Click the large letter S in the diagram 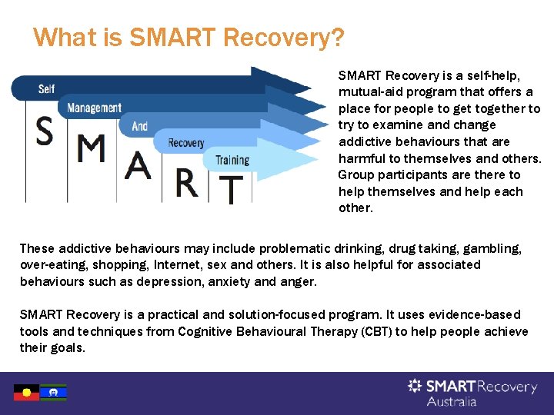click(45, 133)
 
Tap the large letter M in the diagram click(92, 150)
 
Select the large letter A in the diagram click(138, 165)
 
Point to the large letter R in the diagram click(186, 182)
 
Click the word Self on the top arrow click(46, 89)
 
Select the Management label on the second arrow click(94, 108)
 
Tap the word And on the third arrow click(140, 125)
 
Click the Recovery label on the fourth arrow click(186, 143)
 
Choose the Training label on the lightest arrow click(232, 160)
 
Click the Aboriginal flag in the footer click(26, 393)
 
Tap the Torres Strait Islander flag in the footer click(53, 393)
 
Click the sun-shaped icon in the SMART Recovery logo click(415, 385)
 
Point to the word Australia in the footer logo click(451, 401)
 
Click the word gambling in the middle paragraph click(492, 248)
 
